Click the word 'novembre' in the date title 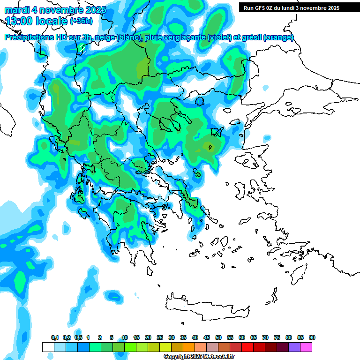[x=61, y=10]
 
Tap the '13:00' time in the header [x=19, y=21]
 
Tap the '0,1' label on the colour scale [x=55, y=338]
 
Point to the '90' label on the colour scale [x=312, y=338]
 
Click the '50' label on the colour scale [x=218, y=338]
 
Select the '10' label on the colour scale [x=125, y=338]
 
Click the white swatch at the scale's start [x=48, y=347]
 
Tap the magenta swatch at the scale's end [x=306, y=347]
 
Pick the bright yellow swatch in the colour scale [x=165, y=347]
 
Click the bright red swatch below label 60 [x=247, y=347]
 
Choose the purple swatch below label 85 [x=294, y=347]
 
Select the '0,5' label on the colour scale [x=78, y=338]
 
